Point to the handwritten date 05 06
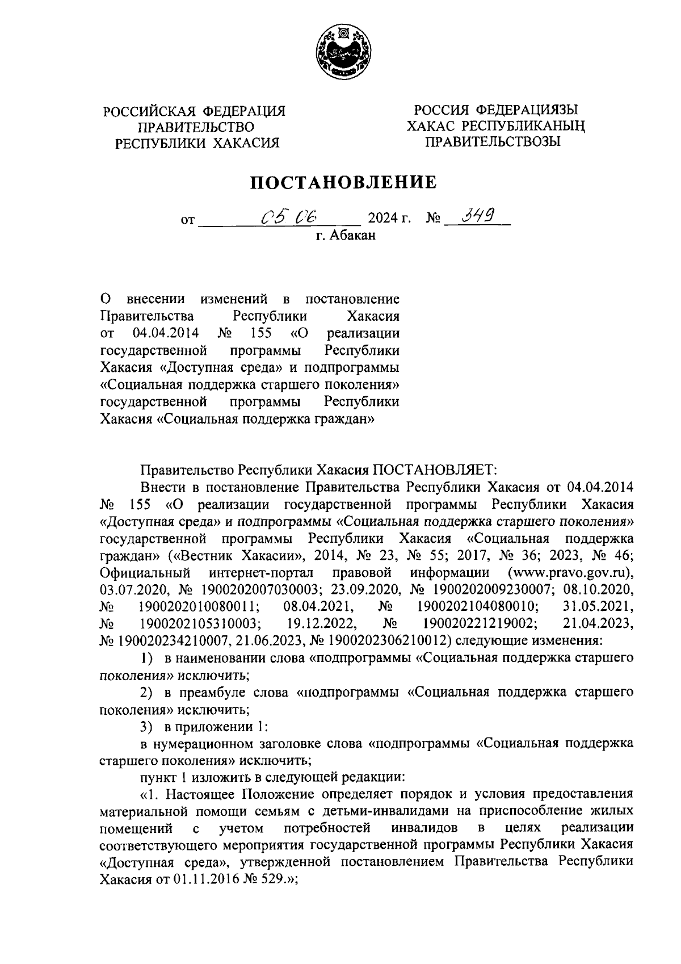coord(289,216)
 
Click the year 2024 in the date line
coord(382,218)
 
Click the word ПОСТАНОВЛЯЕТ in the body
coord(435,470)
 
